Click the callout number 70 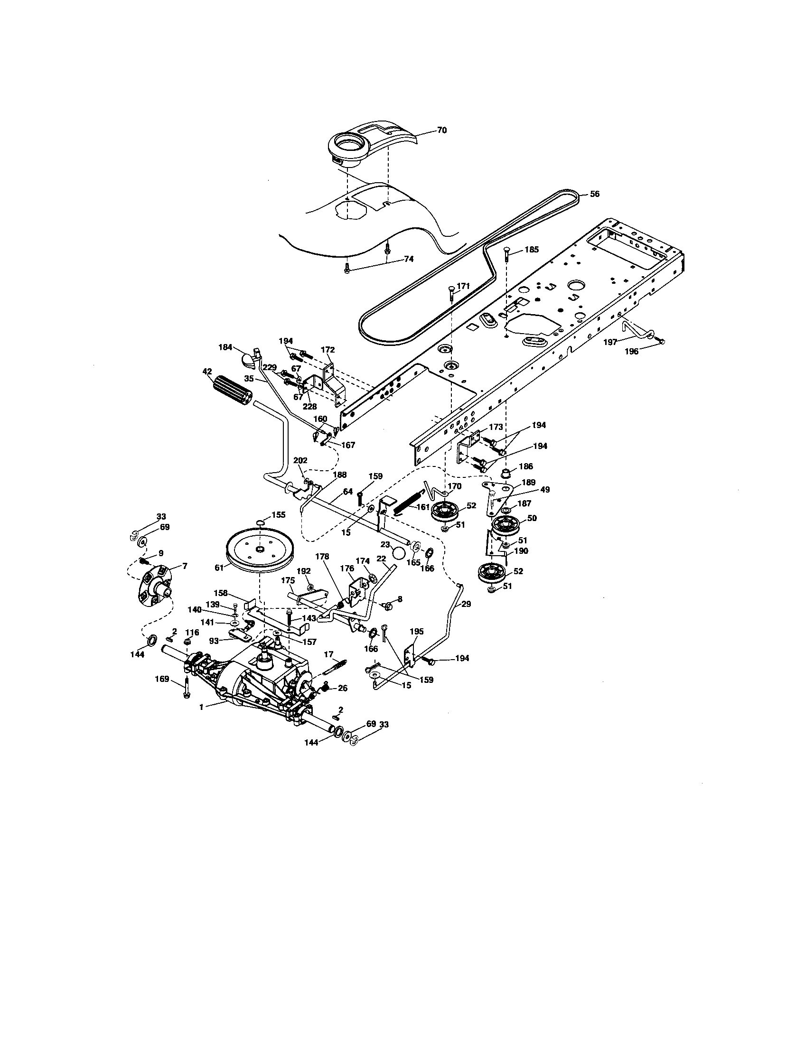(x=442, y=130)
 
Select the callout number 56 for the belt (x=594, y=194)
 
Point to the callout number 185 (x=532, y=250)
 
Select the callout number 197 (x=622, y=341)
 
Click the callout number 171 (x=463, y=286)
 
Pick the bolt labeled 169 (x=187, y=689)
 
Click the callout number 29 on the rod (x=466, y=604)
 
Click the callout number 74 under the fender (x=408, y=259)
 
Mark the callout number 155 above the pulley (x=278, y=514)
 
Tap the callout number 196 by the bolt (x=631, y=351)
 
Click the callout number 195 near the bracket (x=416, y=632)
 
